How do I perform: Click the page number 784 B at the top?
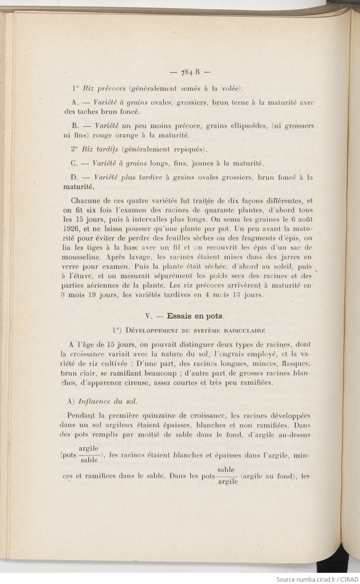click(190, 72)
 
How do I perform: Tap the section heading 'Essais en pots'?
click(195, 316)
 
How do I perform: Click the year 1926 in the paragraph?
click(70, 228)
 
